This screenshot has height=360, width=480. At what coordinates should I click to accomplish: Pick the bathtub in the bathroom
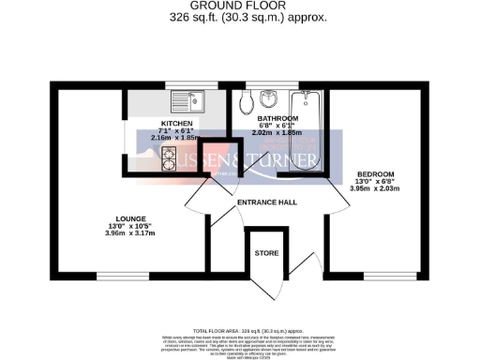307,127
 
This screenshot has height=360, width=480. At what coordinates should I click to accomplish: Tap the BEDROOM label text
375,174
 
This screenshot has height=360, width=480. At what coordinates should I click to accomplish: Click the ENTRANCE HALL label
267,202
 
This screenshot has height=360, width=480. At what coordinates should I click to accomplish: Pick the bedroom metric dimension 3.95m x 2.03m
375,188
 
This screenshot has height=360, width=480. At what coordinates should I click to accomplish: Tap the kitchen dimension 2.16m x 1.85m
175,138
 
